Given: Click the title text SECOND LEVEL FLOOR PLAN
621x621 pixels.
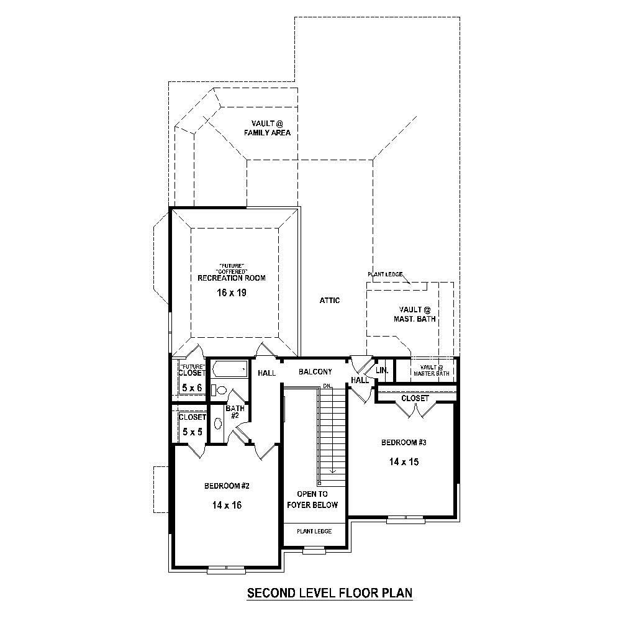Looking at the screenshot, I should [x=330, y=593].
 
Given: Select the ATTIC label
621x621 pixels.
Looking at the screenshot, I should [x=330, y=301].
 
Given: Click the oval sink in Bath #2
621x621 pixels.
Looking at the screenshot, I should [x=218, y=424].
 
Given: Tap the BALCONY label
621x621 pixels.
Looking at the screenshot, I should [x=315, y=372].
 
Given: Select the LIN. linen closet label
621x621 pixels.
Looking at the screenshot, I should [x=381, y=370].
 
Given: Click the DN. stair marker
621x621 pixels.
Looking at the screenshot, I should [x=328, y=386].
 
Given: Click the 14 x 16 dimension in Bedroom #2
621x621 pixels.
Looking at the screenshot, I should [x=227, y=505].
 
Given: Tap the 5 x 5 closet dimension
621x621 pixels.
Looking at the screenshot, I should [x=191, y=431].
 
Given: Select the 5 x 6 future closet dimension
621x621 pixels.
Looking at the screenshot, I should [x=192, y=388].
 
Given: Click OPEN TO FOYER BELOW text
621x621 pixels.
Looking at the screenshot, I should [x=312, y=499].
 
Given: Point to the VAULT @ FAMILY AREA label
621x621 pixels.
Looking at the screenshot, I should [x=267, y=128].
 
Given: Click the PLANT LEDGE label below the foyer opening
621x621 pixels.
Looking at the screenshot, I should [x=314, y=532].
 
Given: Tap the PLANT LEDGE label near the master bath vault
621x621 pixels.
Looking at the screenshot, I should [x=385, y=274].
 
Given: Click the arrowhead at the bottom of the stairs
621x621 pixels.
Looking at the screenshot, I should [x=333, y=471].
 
